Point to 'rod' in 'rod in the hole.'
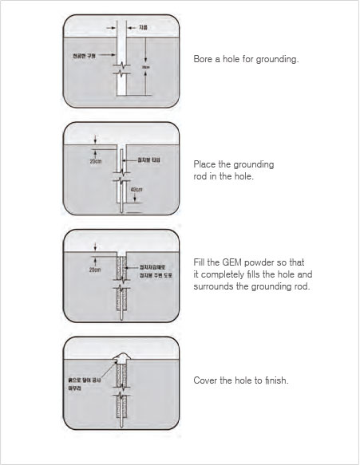tap(200, 175)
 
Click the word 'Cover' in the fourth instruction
tap(206, 380)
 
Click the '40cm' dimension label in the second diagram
tap(136, 189)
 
